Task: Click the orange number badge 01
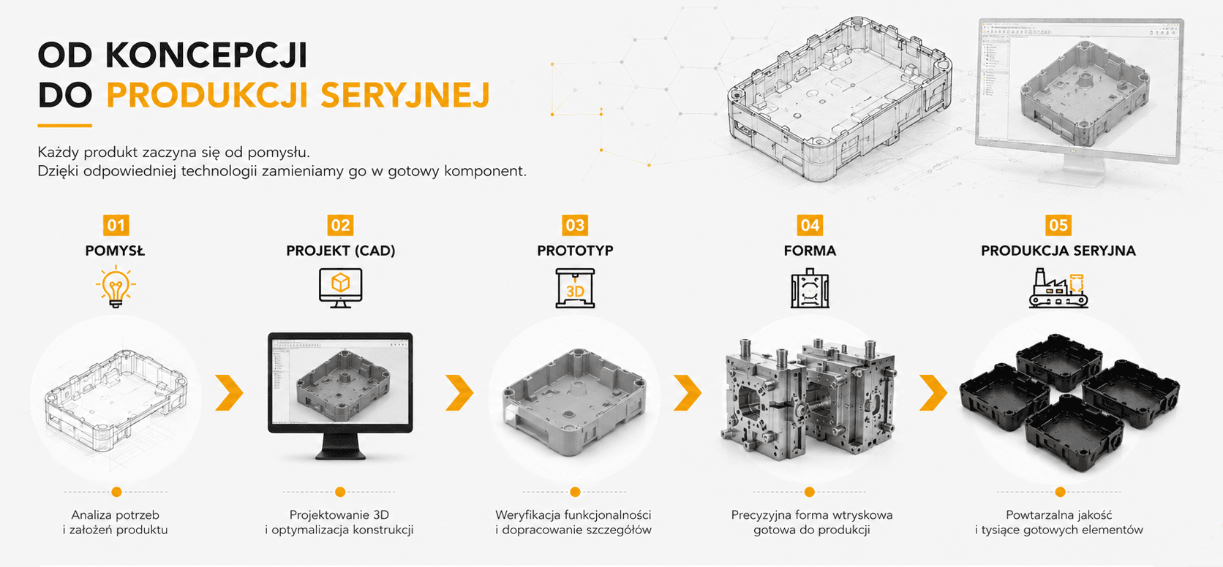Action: point(116,225)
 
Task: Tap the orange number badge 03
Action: point(575,225)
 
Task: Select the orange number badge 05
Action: point(1058,225)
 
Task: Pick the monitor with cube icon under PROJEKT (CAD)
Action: point(341,288)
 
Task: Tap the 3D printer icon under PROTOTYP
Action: point(575,288)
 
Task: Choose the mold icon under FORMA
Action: point(810,288)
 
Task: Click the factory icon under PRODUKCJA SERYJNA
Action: point(1058,288)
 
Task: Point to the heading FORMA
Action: point(810,251)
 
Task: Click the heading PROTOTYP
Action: point(575,251)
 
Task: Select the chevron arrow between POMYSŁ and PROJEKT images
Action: point(230,392)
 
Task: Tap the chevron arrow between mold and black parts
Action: point(933,392)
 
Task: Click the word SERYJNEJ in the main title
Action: point(404,96)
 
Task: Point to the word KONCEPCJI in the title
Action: point(206,55)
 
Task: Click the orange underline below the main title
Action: point(64,126)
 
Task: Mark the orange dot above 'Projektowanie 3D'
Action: point(340,492)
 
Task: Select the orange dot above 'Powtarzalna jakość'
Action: point(1061,492)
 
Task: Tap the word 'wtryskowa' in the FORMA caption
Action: point(866,514)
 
